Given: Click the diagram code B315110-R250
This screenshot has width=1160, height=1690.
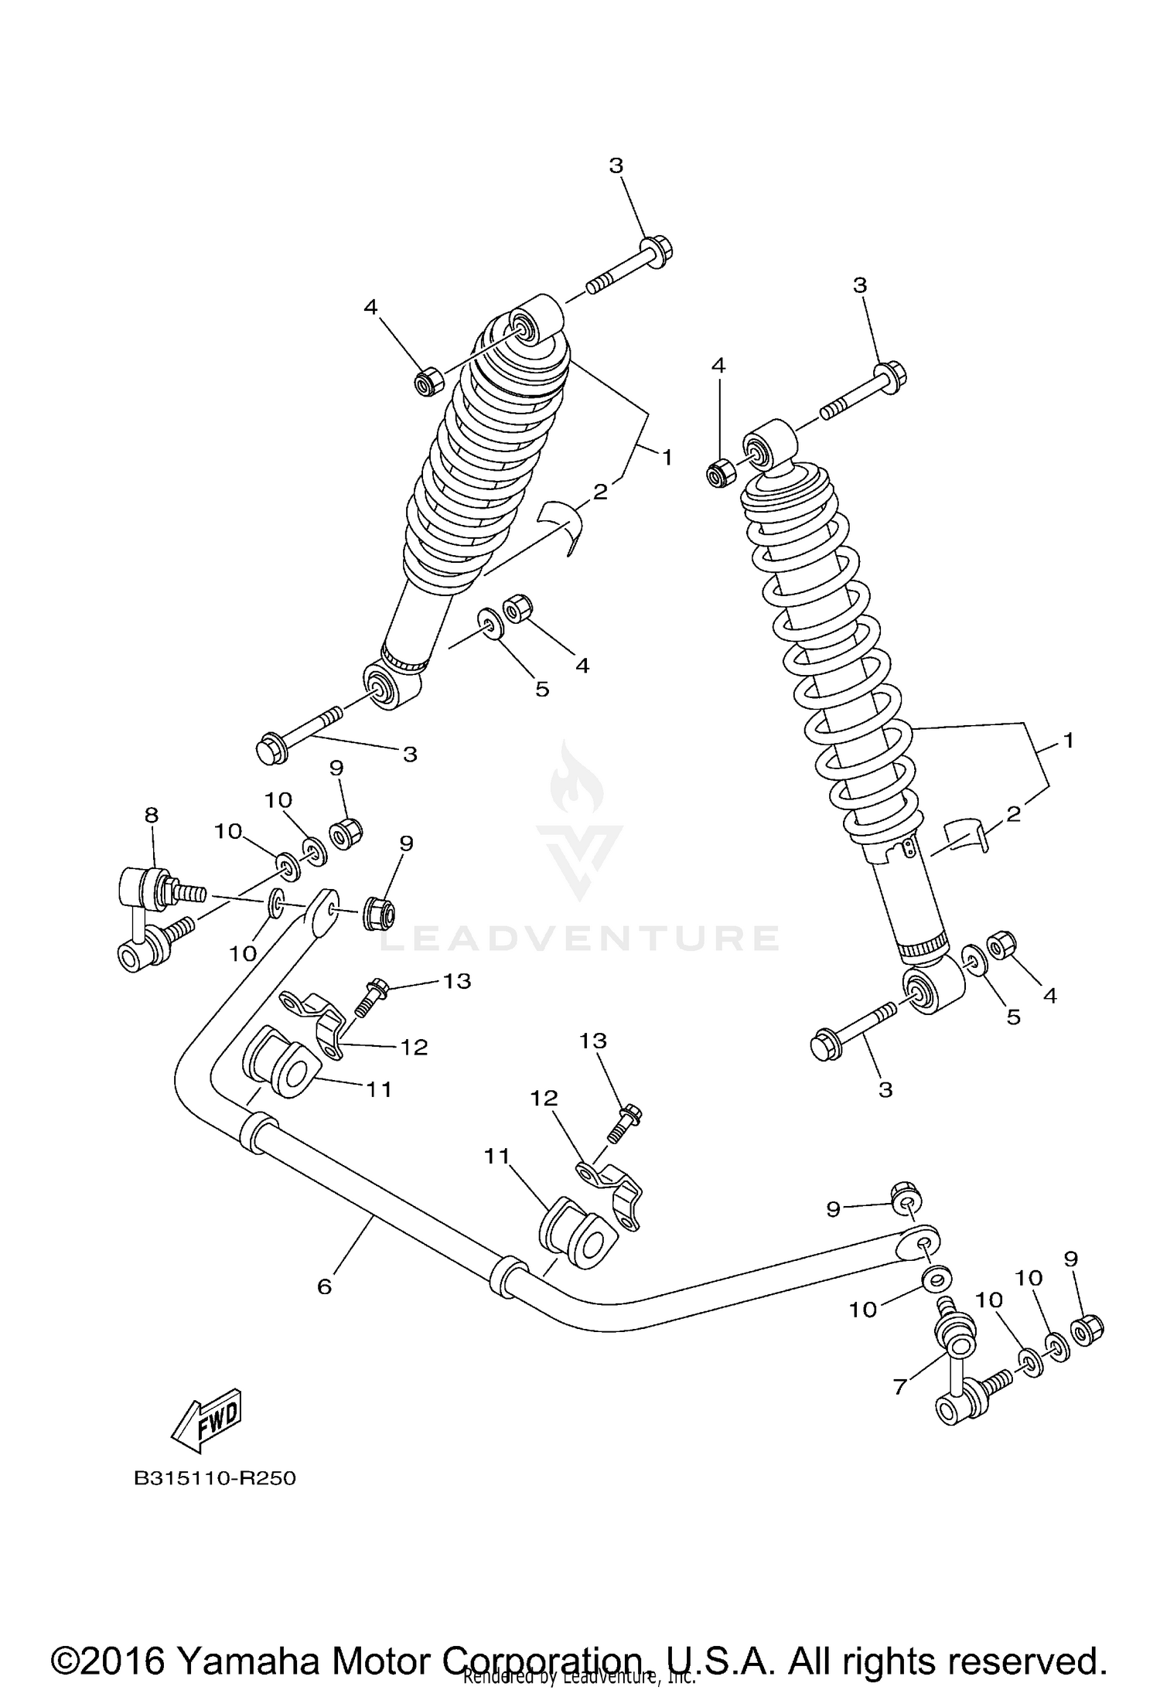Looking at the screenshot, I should (215, 1478).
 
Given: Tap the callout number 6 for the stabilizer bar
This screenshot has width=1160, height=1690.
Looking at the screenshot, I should (324, 1286).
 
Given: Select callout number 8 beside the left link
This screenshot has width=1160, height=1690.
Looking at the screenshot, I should (152, 814).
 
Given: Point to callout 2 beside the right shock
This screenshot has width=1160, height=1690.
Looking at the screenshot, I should (1014, 813).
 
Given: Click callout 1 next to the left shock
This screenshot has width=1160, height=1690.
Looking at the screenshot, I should (667, 457).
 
